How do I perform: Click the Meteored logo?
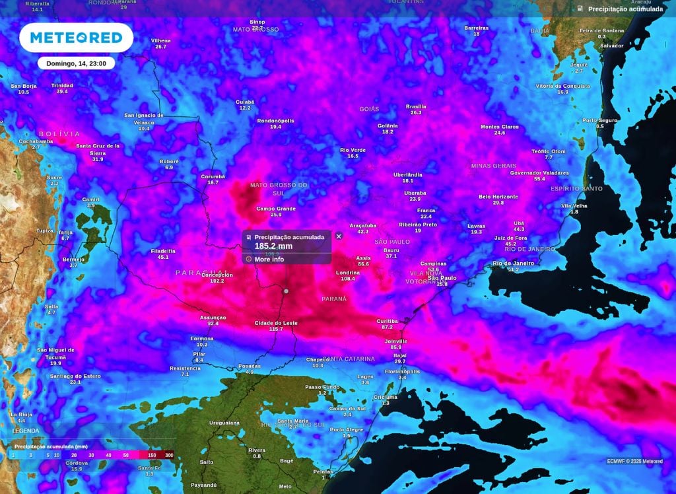coord(76,38)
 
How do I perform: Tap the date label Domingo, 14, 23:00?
coord(76,63)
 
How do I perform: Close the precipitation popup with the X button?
coord(339,236)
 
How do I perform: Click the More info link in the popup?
coord(269,260)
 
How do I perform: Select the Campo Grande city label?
coord(276,209)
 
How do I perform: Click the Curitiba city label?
coord(387,320)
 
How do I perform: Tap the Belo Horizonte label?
coord(498,197)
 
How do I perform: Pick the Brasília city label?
coord(416,106)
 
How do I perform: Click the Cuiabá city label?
coord(245,102)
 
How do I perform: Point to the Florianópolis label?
coord(402,371)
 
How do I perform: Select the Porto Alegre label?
coord(347,430)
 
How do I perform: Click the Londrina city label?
coord(347,273)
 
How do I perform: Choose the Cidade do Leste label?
coord(276,323)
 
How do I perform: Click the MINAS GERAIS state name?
coord(493,165)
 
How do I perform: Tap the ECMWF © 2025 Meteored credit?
coord(634,461)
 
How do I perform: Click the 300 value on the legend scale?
coord(169,455)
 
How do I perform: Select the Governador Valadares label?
coord(539,173)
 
